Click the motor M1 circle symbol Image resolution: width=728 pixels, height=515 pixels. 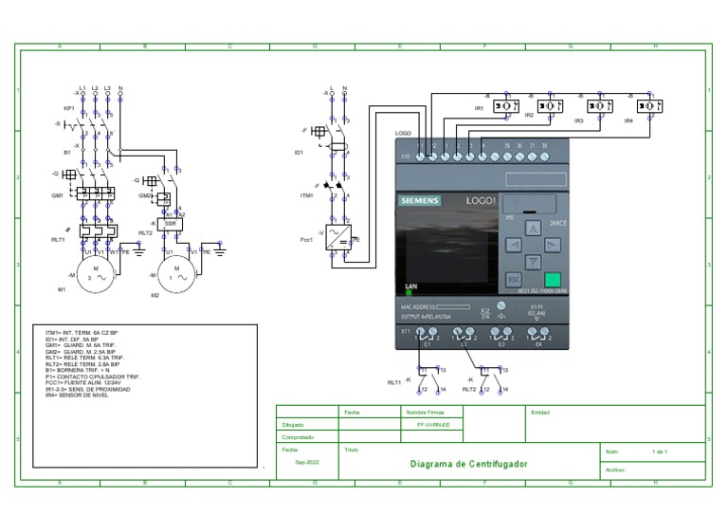[x=95, y=275]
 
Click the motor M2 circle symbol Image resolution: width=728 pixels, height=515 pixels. [x=175, y=275]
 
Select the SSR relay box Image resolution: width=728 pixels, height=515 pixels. [x=170, y=224]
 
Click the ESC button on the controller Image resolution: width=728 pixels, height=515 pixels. [x=513, y=279]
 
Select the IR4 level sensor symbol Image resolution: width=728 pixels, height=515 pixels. [x=650, y=106]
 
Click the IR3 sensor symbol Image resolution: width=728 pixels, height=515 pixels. [x=599, y=106]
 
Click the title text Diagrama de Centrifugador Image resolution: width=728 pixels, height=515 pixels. [x=468, y=464]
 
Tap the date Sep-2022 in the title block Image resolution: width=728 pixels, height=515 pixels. [x=306, y=462]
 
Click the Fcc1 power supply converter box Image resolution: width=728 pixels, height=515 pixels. [x=338, y=237]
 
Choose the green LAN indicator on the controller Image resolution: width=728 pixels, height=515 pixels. [x=409, y=293]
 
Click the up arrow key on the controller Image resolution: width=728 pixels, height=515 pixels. [x=533, y=227]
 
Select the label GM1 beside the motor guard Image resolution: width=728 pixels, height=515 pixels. [x=58, y=195]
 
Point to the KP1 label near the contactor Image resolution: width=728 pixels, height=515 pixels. [x=68, y=108]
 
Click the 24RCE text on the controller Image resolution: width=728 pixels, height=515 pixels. [x=558, y=223]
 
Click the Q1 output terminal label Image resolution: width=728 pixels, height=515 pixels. [x=427, y=344]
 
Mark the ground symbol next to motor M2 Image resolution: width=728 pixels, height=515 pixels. [x=220, y=251]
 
